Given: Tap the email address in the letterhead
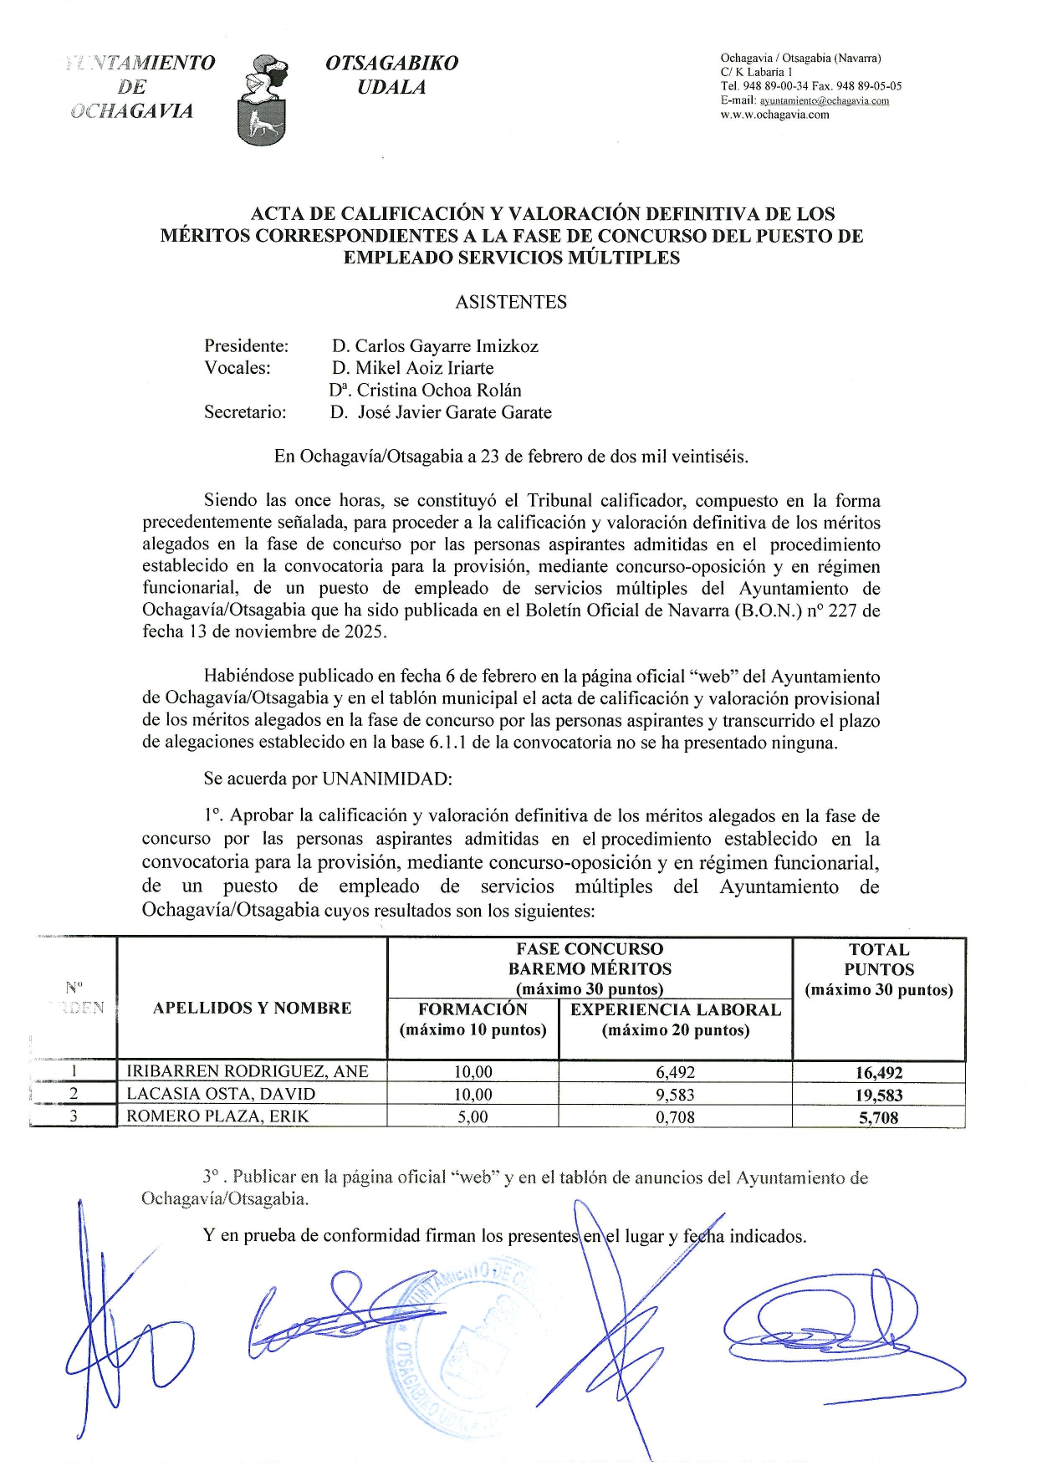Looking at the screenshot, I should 824,101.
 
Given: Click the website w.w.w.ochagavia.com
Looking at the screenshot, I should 774,115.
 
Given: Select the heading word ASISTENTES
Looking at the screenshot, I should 511,303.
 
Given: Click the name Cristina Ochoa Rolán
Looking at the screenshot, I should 438,391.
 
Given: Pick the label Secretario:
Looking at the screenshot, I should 245,412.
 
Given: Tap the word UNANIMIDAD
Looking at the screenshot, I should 386,779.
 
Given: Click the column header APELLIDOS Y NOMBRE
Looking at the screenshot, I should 252,1009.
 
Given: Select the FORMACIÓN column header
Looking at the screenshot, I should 473,1019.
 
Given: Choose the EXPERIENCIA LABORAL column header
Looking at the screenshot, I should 675,1019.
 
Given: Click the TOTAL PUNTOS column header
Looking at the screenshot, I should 879,970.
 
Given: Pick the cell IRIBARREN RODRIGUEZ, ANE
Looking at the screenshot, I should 248,1072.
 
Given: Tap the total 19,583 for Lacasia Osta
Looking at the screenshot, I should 879,1096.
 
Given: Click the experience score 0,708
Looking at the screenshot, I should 675,1117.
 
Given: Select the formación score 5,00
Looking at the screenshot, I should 473,1117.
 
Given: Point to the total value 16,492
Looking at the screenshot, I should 879,1073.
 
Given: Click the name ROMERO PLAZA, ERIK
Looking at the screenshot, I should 217,1116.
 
